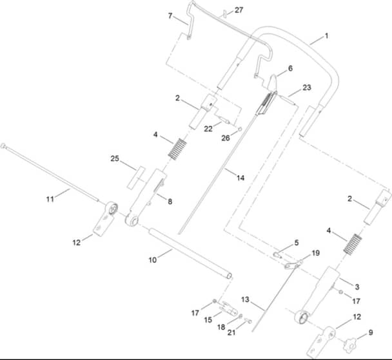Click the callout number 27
click(x=239, y=10)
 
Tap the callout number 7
click(x=170, y=15)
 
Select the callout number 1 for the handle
click(x=326, y=36)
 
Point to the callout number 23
click(x=307, y=88)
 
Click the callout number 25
click(x=115, y=158)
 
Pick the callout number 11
click(x=50, y=199)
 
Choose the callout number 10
click(x=153, y=260)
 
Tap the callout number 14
click(x=240, y=178)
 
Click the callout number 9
click(x=371, y=332)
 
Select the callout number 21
click(x=231, y=332)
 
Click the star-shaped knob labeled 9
click(x=349, y=345)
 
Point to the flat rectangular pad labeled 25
click(x=136, y=178)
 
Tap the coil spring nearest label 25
click(x=178, y=149)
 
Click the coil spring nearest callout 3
click(x=353, y=244)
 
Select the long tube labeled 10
click(x=190, y=253)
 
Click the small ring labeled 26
click(x=240, y=129)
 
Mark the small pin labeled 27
click(x=224, y=14)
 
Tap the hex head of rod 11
click(x=3, y=146)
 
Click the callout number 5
click(x=297, y=243)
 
